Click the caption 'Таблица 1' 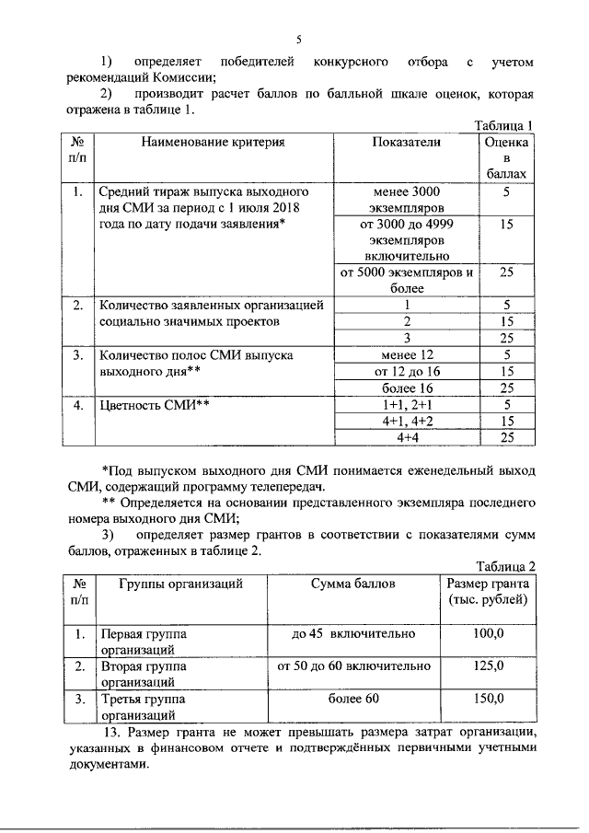(x=503, y=126)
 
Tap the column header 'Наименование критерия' (x=213, y=143)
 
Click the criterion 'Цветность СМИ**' (x=156, y=404)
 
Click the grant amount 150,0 (x=488, y=698)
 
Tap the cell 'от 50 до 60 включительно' (x=352, y=665)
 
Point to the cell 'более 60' (x=352, y=698)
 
